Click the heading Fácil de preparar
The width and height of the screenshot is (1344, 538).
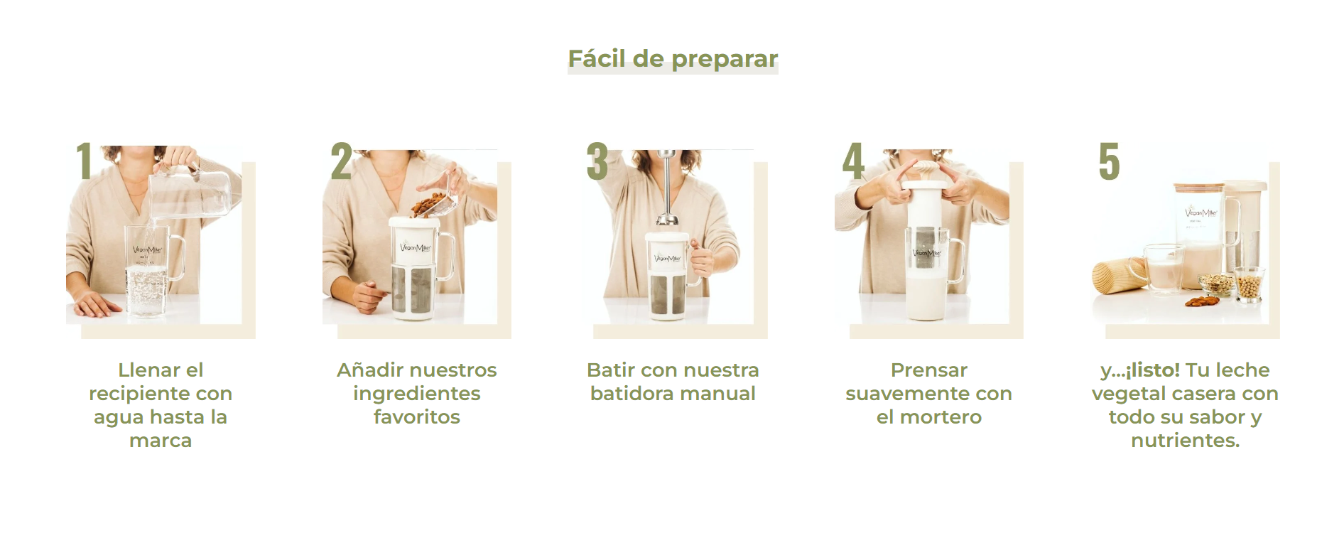[673, 58]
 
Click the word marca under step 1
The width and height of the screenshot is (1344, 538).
[161, 441]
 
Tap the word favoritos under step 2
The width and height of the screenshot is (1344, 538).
[417, 417]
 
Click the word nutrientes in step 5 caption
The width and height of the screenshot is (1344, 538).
[1183, 441]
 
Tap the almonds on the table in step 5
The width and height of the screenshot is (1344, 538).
[1202, 301]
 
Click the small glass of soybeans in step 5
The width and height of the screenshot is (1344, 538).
[1250, 284]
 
